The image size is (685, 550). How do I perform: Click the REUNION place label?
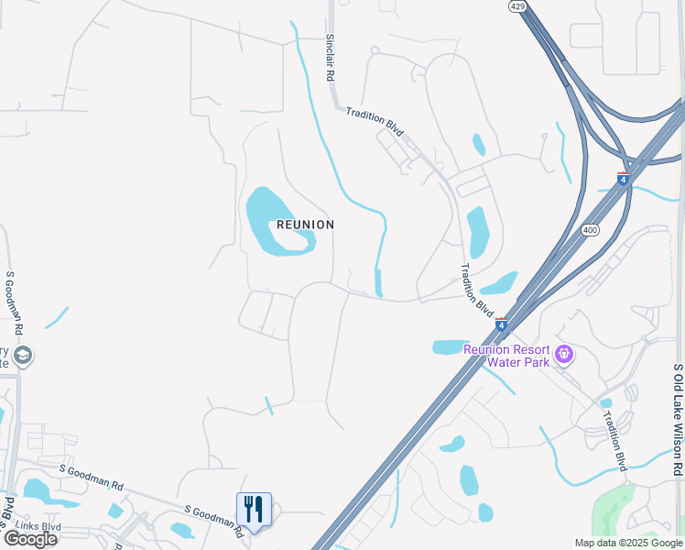(306, 225)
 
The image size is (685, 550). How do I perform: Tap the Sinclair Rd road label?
(330, 59)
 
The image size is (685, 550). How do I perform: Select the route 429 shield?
(516, 5)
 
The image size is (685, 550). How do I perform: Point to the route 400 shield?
(590, 230)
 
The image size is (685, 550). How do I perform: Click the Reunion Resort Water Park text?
(506, 356)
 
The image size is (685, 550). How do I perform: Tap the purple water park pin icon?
(564, 353)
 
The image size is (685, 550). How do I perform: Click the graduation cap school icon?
(23, 355)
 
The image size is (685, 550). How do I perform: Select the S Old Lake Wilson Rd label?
(677, 420)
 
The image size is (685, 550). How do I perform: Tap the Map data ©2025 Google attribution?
(627, 543)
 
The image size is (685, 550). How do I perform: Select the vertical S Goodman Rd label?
(15, 302)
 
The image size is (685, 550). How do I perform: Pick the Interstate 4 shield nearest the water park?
(501, 324)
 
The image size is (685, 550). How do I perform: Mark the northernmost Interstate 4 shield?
(624, 179)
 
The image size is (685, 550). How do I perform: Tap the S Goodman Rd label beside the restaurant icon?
(213, 511)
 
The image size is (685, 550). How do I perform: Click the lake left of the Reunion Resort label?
(449, 346)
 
